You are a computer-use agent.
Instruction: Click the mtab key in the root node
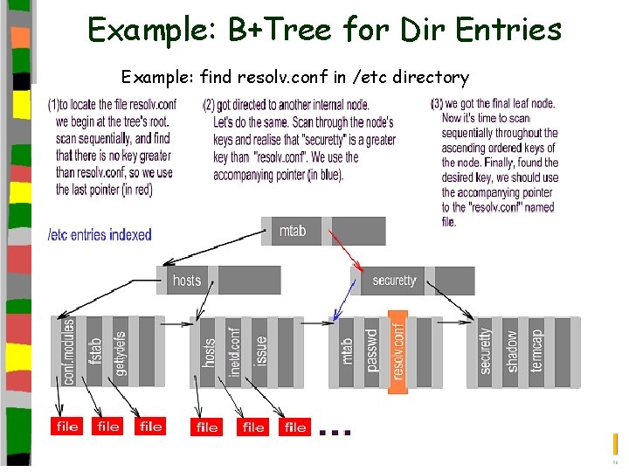pos(293,231)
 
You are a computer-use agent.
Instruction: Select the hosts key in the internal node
pos(187,281)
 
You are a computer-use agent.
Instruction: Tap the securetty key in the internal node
pos(395,281)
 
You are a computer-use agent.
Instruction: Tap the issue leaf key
pos(260,350)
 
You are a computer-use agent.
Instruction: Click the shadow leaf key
pos(512,350)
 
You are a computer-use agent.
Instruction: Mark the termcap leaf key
pos(536,350)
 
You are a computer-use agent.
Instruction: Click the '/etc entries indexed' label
pos(100,234)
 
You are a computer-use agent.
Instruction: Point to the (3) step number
pos(437,104)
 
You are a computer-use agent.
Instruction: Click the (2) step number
pos(209,105)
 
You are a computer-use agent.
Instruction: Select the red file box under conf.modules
pos(66,427)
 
